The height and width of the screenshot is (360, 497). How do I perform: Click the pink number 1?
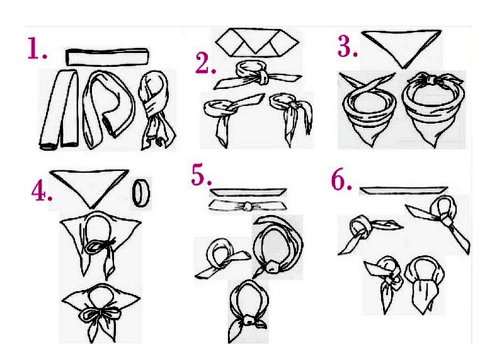[34, 48]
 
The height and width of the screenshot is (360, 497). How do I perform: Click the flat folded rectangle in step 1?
[107, 57]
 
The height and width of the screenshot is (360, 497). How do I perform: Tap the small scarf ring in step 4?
[141, 193]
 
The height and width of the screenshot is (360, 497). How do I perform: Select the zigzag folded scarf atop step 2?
[258, 42]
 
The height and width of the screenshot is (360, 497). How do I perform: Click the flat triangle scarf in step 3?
[402, 47]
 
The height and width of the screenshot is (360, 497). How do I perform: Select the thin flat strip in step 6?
[404, 190]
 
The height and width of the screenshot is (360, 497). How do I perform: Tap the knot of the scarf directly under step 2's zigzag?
[262, 76]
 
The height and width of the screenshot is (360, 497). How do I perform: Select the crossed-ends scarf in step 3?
[368, 110]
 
